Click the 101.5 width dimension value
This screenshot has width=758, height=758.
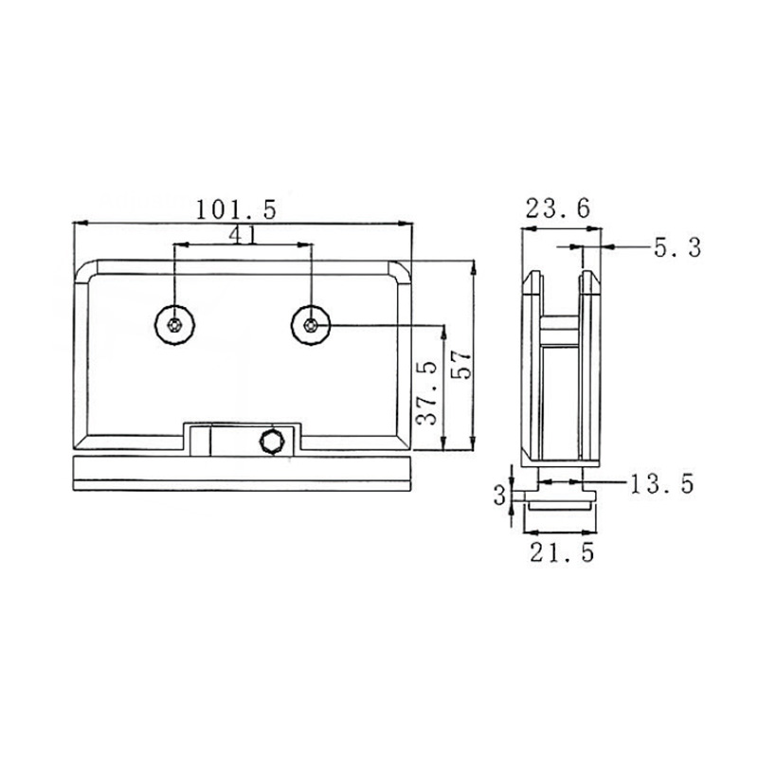pos(236,208)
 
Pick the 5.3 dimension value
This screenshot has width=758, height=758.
pos(677,248)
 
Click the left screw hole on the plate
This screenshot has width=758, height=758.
pos(174,326)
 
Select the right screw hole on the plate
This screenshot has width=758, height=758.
pos(311,326)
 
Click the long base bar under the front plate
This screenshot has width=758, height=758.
pos(243,473)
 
